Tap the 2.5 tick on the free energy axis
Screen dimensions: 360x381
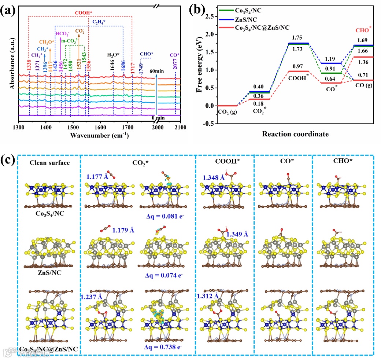point(209,16)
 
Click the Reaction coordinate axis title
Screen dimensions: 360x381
point(295,134)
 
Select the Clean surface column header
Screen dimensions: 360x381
point(49,163)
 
